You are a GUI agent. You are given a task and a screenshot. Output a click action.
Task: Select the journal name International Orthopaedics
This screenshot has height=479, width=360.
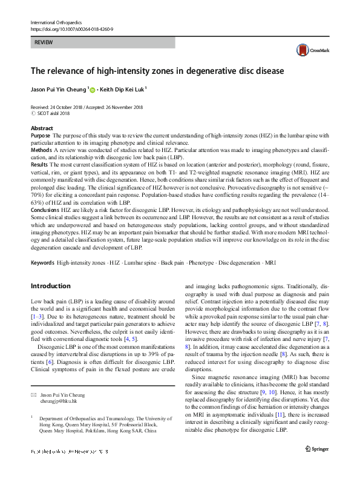56,23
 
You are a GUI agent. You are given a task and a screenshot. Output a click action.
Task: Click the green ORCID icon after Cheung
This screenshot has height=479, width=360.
93,89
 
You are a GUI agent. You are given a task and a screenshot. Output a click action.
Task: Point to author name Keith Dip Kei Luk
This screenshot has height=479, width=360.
122,89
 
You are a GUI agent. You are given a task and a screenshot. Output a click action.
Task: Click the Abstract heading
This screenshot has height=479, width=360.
42,128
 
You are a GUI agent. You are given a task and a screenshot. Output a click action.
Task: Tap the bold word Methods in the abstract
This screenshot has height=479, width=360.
42,149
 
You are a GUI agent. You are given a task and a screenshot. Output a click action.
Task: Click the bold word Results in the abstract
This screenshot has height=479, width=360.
41,164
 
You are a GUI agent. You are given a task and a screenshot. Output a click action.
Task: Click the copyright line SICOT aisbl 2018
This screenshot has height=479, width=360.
57,113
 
